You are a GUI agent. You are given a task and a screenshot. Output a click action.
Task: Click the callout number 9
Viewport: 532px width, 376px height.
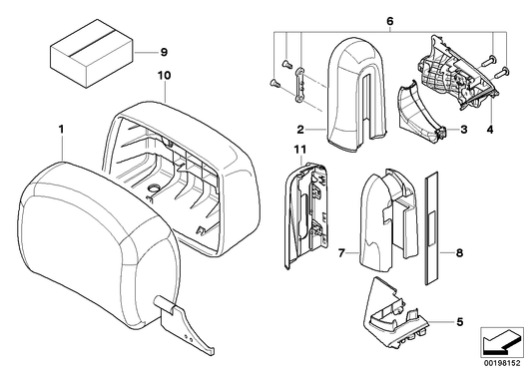164,53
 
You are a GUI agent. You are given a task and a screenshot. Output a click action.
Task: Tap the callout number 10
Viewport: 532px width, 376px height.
164,75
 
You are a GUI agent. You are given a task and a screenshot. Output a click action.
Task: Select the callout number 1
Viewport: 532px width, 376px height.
61,130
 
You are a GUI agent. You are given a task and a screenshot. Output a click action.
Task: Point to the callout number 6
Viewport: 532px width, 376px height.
390,21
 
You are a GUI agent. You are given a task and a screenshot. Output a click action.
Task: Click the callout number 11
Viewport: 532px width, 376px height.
300,150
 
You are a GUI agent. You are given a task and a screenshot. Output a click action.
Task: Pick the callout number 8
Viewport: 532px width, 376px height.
459,253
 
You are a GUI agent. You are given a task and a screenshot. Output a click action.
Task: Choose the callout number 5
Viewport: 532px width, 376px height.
460,321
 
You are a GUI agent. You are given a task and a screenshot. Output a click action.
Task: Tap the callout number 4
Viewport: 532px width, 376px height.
490,130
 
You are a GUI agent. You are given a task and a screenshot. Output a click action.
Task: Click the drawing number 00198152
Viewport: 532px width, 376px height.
502,363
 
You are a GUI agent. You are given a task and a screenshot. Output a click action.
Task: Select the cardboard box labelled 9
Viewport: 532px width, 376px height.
92,53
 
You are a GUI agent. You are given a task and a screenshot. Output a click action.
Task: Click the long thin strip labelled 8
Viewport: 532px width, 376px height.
431,228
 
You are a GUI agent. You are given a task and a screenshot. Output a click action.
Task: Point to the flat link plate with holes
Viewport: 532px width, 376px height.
298,85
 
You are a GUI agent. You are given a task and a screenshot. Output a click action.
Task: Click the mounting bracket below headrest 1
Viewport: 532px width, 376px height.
184,324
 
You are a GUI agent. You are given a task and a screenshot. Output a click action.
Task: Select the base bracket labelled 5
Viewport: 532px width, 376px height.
395,313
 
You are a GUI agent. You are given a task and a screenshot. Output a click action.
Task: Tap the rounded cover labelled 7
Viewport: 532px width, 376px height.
387,220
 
